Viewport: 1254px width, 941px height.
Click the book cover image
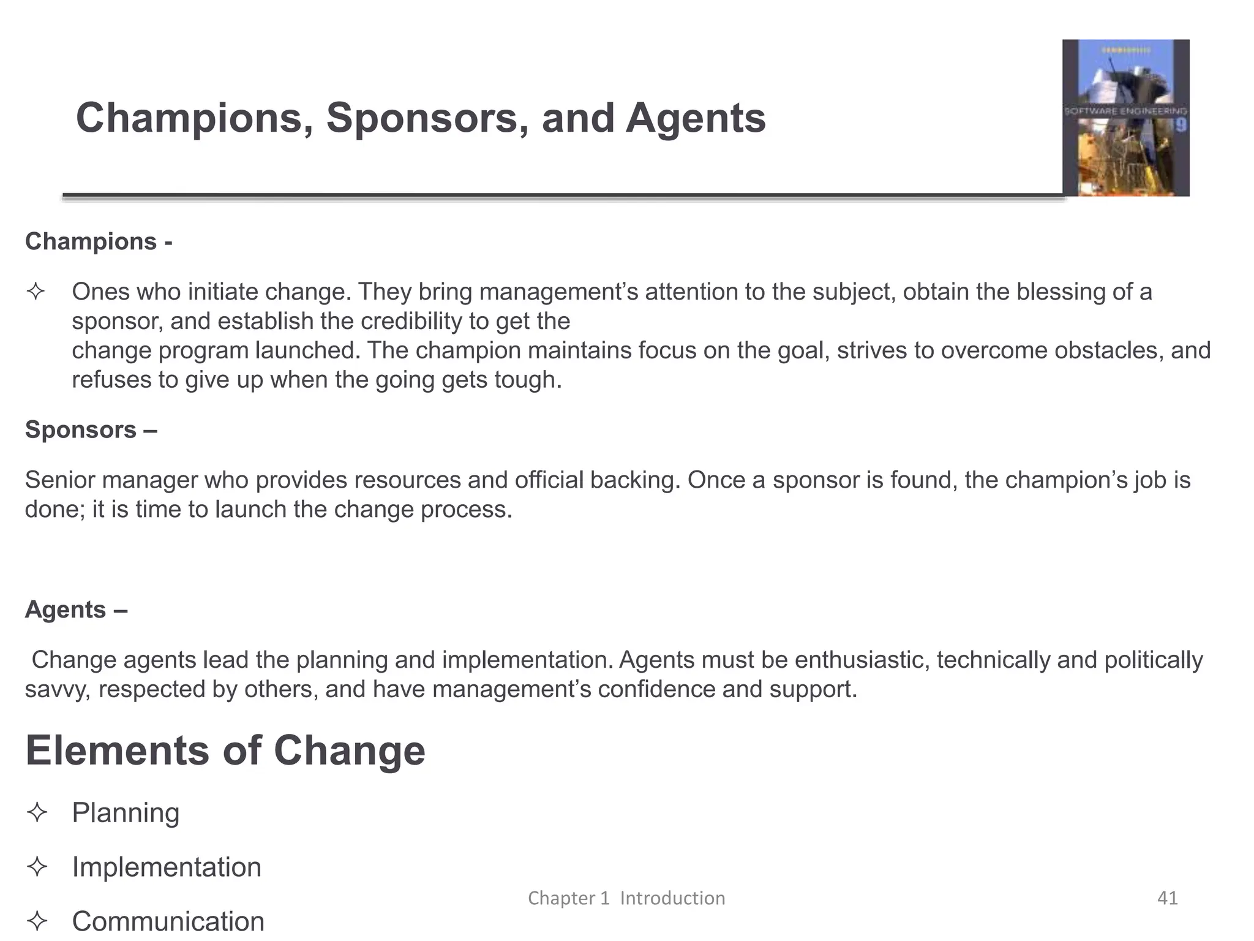1125,118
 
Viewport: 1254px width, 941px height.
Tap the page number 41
1167,898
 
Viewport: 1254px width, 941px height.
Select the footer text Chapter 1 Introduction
626,898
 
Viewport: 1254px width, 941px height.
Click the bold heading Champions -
99,241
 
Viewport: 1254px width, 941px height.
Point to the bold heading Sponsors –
91,429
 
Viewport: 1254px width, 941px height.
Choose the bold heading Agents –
76,610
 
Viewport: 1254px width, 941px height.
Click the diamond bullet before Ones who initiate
36,292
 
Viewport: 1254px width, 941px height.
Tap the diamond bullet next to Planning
37,813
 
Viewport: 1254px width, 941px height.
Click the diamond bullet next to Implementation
37,867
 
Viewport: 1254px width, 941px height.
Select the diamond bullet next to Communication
37,921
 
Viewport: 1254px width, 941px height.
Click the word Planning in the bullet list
126,813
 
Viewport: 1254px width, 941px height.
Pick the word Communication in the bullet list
168,921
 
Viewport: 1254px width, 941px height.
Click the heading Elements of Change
225,751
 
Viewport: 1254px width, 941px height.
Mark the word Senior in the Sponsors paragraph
59,480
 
